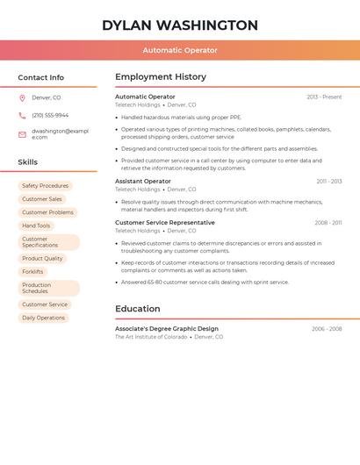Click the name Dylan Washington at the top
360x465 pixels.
pyautogui.click(x=180, y=25)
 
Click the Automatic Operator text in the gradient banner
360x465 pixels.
pyautogui.click(x=180, y=50)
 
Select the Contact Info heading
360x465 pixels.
pyautogui.click(x=40, y=77)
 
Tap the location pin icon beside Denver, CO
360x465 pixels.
pyautogui.click(x=22, y=97)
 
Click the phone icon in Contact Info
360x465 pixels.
pyautogui.click(x=22, y=115)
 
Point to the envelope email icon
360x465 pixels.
pyautogui.click(x=22, y=134)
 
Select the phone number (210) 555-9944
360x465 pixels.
pyautogui.click(x=50, y=115)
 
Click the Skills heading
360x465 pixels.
pyautogui.click(x=28, y=162)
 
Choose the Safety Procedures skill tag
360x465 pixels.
pyautogui.click(x=45, y=186)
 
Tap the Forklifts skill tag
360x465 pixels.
pyautogui.click(x=32, y=272)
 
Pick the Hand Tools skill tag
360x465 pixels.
pyautogui.click(x=36, y=225)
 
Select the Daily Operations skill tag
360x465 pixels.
pyautogui.click(x=44, y=318)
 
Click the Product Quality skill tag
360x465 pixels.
pyautogui.click(x=42, y=259)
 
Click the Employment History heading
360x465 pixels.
pyautogui.click(x=161, y=77)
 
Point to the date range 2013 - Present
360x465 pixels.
pyautogui.click(x=324, y=97)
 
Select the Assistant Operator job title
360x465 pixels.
pyautogui.click(x=143, y=181)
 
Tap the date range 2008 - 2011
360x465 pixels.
pyautogui.click(x=328, y=223)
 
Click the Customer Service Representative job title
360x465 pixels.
pyautogui.click(x=165, y=223)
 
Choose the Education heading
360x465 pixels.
pyautogui.click(x=138, y=309)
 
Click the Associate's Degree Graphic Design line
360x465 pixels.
pyautogui.click(x=167, y=328)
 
